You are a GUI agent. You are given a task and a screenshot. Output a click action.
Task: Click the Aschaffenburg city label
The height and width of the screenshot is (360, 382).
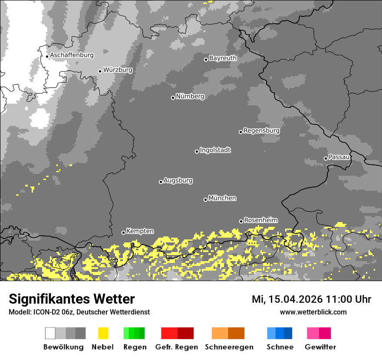click(x=72, y=55)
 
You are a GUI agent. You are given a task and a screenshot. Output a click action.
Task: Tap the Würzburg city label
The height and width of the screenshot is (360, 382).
click(x=118, y=70)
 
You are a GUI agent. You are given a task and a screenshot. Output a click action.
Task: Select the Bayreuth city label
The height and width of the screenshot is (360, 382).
click(x=223, y=58)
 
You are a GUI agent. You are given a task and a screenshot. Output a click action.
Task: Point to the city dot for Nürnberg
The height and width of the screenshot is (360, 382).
click(x=173, y=98)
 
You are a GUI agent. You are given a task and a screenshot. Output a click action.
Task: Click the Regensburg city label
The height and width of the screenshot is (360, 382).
click(x=261, y=131)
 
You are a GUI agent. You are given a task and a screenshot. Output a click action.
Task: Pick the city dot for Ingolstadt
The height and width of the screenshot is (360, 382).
click(x=197, y=151)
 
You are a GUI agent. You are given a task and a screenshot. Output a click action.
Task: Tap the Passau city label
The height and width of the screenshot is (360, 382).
click(x=339, y=157)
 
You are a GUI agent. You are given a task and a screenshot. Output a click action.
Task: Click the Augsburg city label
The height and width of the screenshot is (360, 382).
click(x=178, y=180)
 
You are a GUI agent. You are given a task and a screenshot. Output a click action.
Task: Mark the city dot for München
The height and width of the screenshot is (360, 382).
click(x=205, y=200)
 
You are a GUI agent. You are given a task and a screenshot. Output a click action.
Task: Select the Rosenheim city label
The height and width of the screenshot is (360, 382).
click(x=260, y=220)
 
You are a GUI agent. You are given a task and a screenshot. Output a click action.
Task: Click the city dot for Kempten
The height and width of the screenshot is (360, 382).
click(x=123, y=232)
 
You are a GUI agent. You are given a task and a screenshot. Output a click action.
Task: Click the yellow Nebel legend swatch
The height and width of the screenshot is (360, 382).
click(x=103, y=333)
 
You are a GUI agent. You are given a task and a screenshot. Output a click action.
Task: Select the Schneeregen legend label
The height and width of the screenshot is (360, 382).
click(x=229, y=347)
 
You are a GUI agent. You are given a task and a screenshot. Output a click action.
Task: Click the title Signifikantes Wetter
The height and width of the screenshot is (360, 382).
click(x=72, y=299)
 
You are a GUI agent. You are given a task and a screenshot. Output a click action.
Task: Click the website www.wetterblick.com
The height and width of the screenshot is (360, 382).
click(x=313, y=312)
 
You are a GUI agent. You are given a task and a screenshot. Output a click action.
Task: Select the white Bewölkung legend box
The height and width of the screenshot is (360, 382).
click(x=50, y=333)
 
